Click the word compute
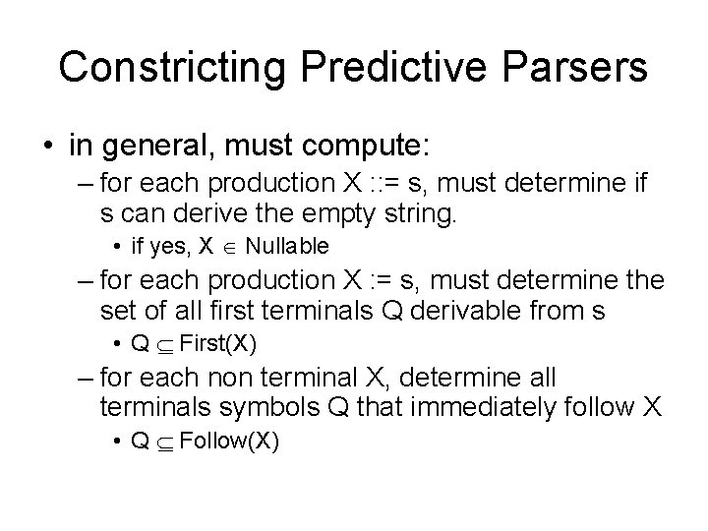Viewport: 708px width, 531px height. tap(368, 147)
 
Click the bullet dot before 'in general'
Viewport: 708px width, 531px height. tap(47, 147)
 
